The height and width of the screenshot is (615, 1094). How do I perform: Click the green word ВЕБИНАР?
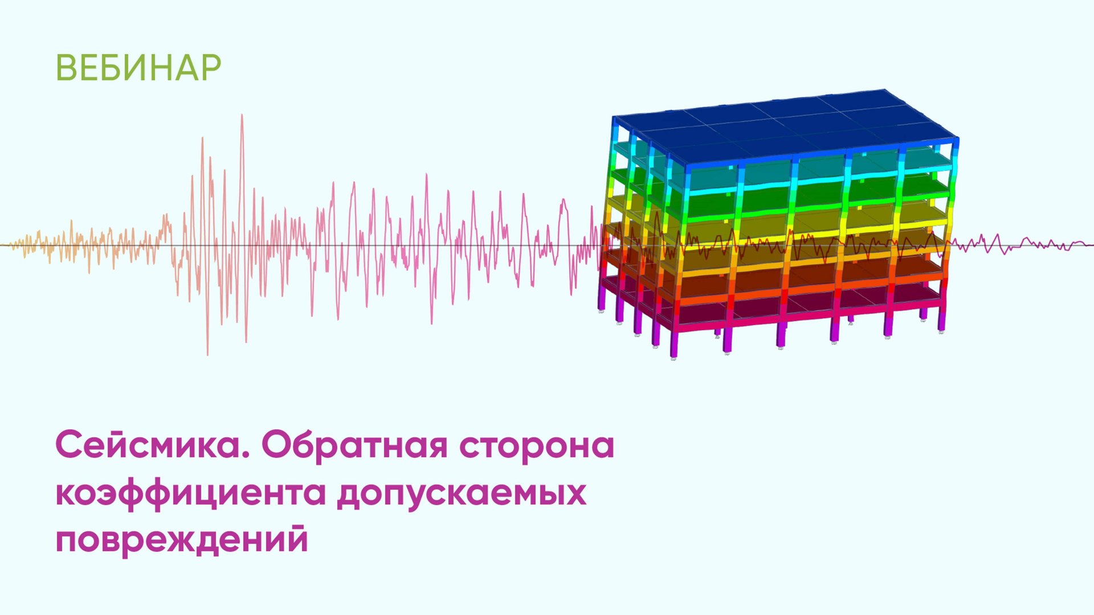[x=138, y=68]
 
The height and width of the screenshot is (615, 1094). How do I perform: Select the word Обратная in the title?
[x=354, y=445]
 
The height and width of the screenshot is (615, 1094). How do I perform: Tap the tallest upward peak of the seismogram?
[x=242, y=116]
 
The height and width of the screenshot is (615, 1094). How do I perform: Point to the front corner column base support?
[x=673, y=358]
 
